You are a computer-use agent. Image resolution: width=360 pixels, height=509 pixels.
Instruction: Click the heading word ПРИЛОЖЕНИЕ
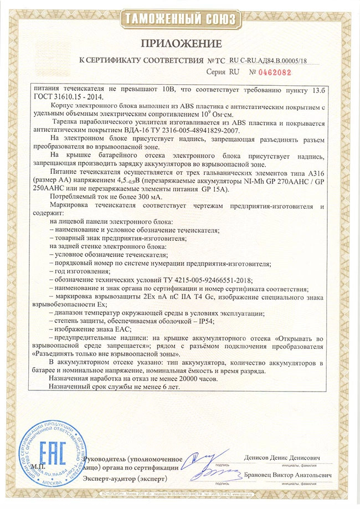(x=180, y=43)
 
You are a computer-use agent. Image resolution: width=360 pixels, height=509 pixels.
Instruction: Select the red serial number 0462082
(x=273, y=71)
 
